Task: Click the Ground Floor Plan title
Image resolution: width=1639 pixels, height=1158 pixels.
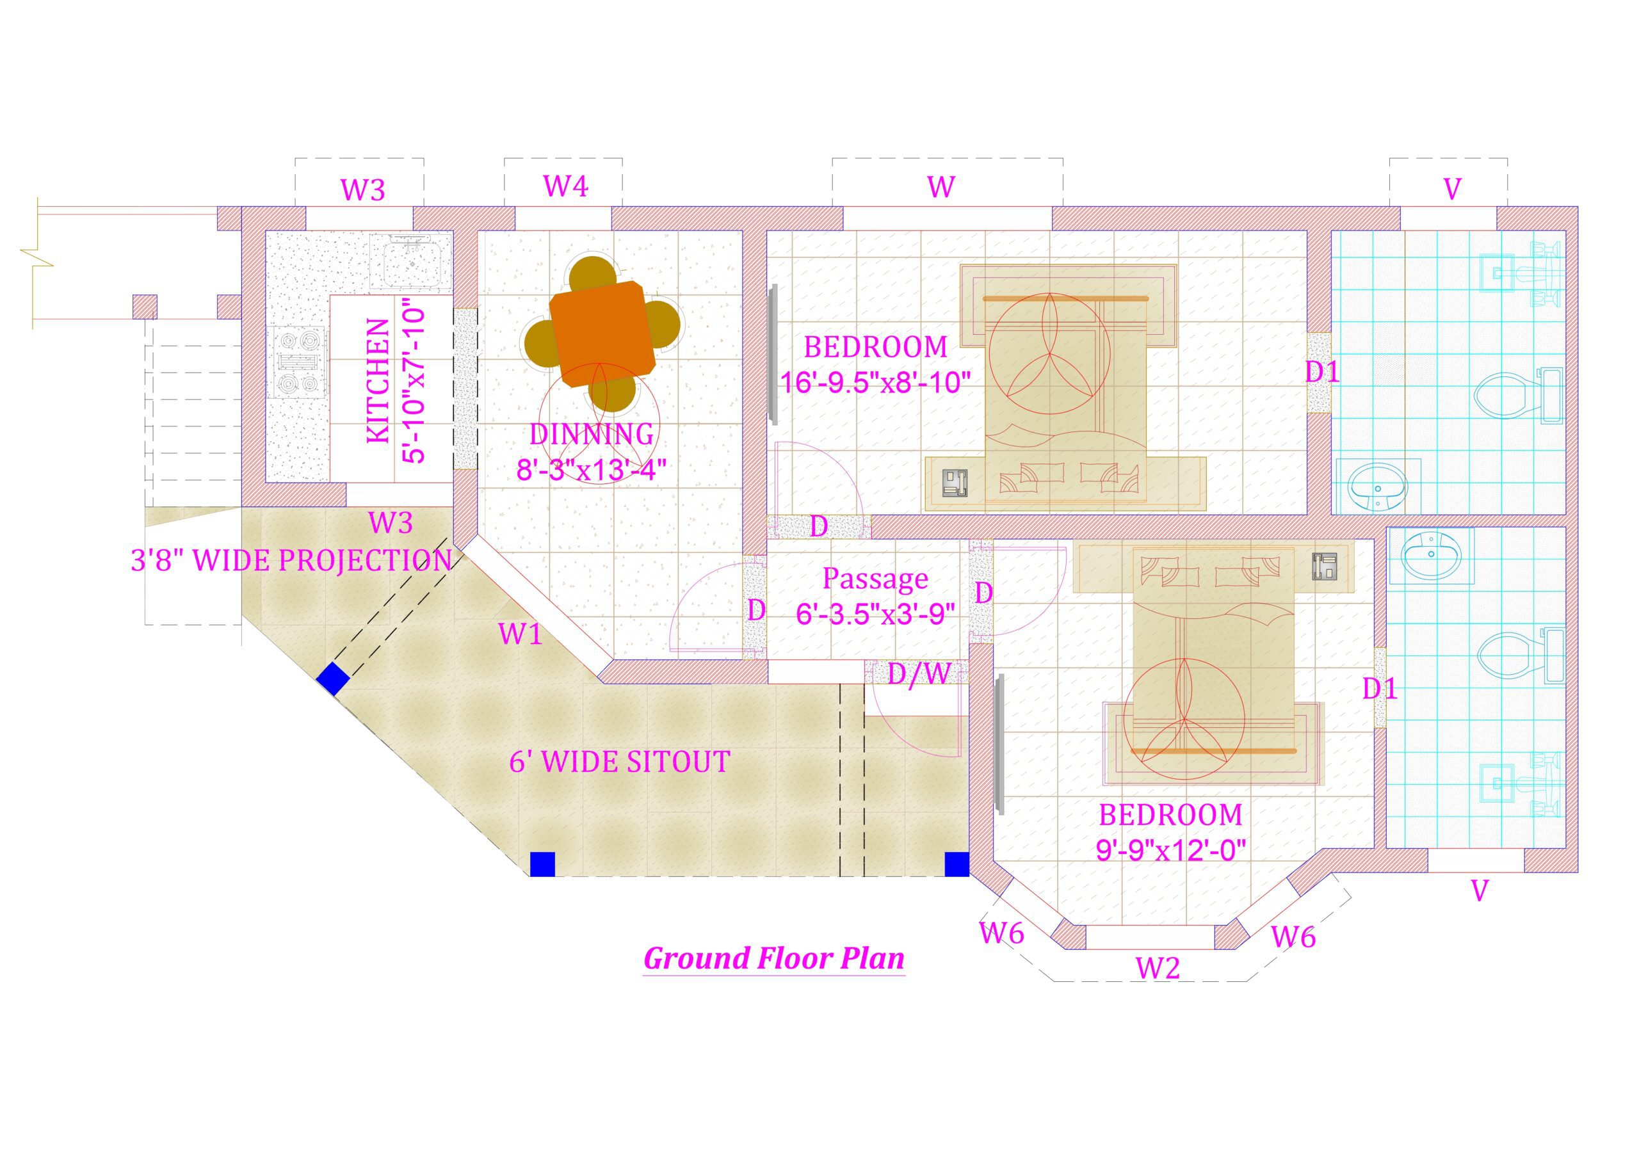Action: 774,958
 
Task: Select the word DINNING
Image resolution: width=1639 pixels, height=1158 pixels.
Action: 592,434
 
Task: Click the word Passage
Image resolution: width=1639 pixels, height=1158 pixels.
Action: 875,578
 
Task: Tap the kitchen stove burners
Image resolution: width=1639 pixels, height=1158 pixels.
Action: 297,363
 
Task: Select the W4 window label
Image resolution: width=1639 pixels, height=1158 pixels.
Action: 565,186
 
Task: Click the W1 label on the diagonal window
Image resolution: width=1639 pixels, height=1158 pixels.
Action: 520,633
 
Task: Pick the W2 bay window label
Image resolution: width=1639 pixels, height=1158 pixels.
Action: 1158,968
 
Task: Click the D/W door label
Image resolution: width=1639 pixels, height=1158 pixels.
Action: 919,673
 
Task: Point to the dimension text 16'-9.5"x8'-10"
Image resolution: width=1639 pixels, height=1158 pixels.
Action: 875,383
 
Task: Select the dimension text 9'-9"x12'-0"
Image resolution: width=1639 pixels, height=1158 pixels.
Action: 1171,850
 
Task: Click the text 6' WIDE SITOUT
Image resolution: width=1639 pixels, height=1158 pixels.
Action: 620,762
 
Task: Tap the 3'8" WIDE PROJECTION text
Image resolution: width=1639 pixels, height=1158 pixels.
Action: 291,561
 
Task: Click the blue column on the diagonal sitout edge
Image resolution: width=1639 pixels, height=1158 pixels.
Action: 333,679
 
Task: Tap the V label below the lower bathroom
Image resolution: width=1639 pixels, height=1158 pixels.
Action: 1480,890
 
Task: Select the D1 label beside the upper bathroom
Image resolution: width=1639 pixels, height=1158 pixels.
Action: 1323,372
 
